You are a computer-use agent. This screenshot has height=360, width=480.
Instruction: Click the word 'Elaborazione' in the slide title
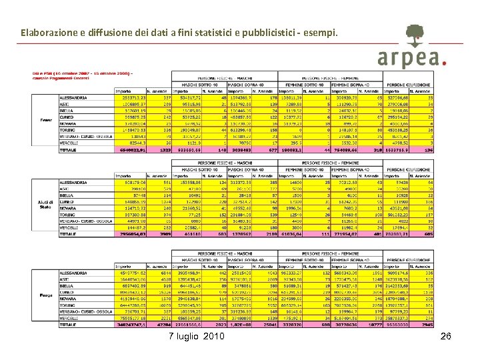click(50, 31)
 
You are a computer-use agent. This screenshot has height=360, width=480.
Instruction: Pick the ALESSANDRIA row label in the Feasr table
click(75, 97)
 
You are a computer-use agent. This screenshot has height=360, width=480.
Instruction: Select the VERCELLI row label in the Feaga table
click(69, 318)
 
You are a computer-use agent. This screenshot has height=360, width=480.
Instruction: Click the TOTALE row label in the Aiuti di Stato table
click(69, 235)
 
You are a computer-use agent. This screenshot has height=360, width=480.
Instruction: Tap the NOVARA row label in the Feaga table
click(68, 299)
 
